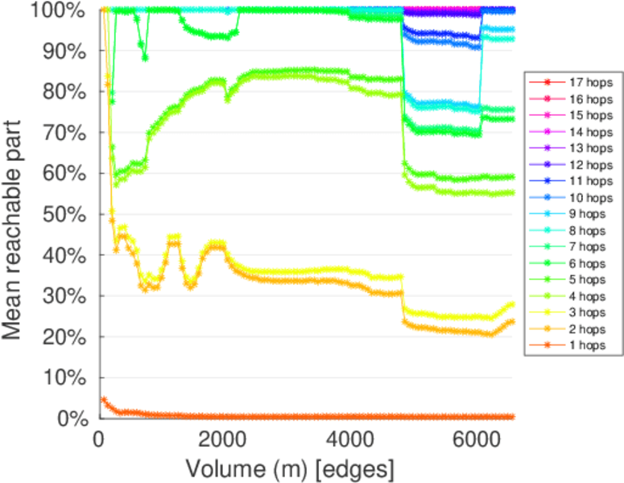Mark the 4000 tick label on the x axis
350,439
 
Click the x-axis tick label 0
99,439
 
